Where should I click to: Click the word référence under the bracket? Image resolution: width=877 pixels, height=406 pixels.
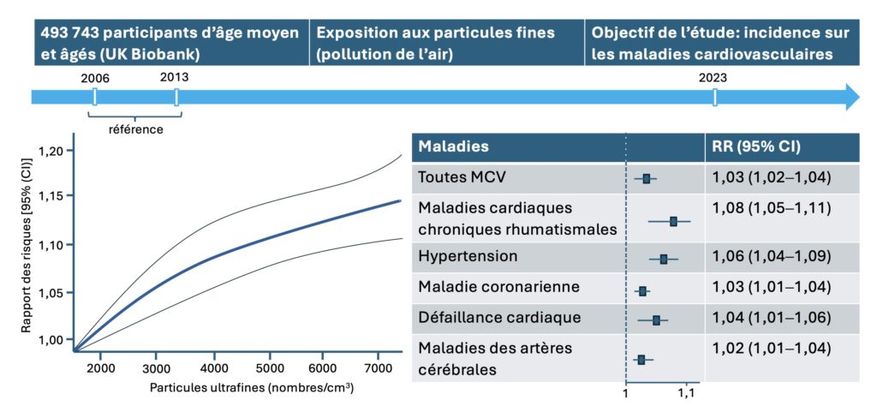click(135, 130)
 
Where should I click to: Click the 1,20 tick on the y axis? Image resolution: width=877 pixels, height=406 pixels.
click(51, 152)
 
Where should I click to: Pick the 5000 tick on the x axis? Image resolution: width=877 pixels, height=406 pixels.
click(269, 367)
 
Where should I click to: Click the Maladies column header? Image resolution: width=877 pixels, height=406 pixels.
click(453, 146)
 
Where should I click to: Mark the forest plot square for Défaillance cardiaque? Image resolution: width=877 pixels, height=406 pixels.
click(656, 319)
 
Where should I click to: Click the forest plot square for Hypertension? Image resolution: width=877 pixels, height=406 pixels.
click(664, 258)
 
